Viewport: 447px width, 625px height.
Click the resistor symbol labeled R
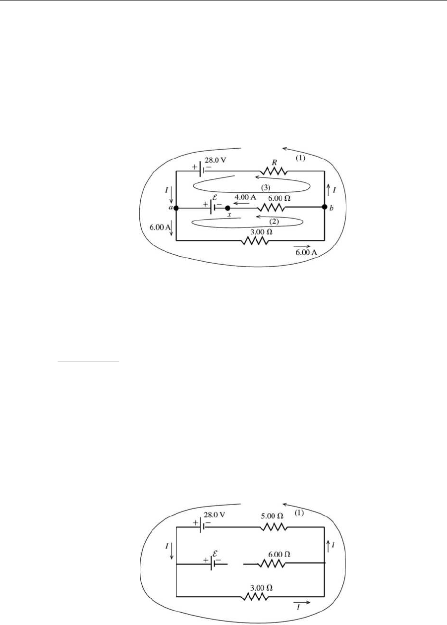274,171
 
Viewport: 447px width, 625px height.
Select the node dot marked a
176,208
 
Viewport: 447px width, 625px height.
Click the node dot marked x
228,208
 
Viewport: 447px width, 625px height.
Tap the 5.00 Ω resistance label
273,530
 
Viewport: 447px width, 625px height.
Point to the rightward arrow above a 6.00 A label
302,246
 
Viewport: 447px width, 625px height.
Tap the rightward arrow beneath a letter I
302,603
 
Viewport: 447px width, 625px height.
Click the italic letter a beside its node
170,208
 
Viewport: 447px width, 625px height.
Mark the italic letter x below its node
229,215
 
